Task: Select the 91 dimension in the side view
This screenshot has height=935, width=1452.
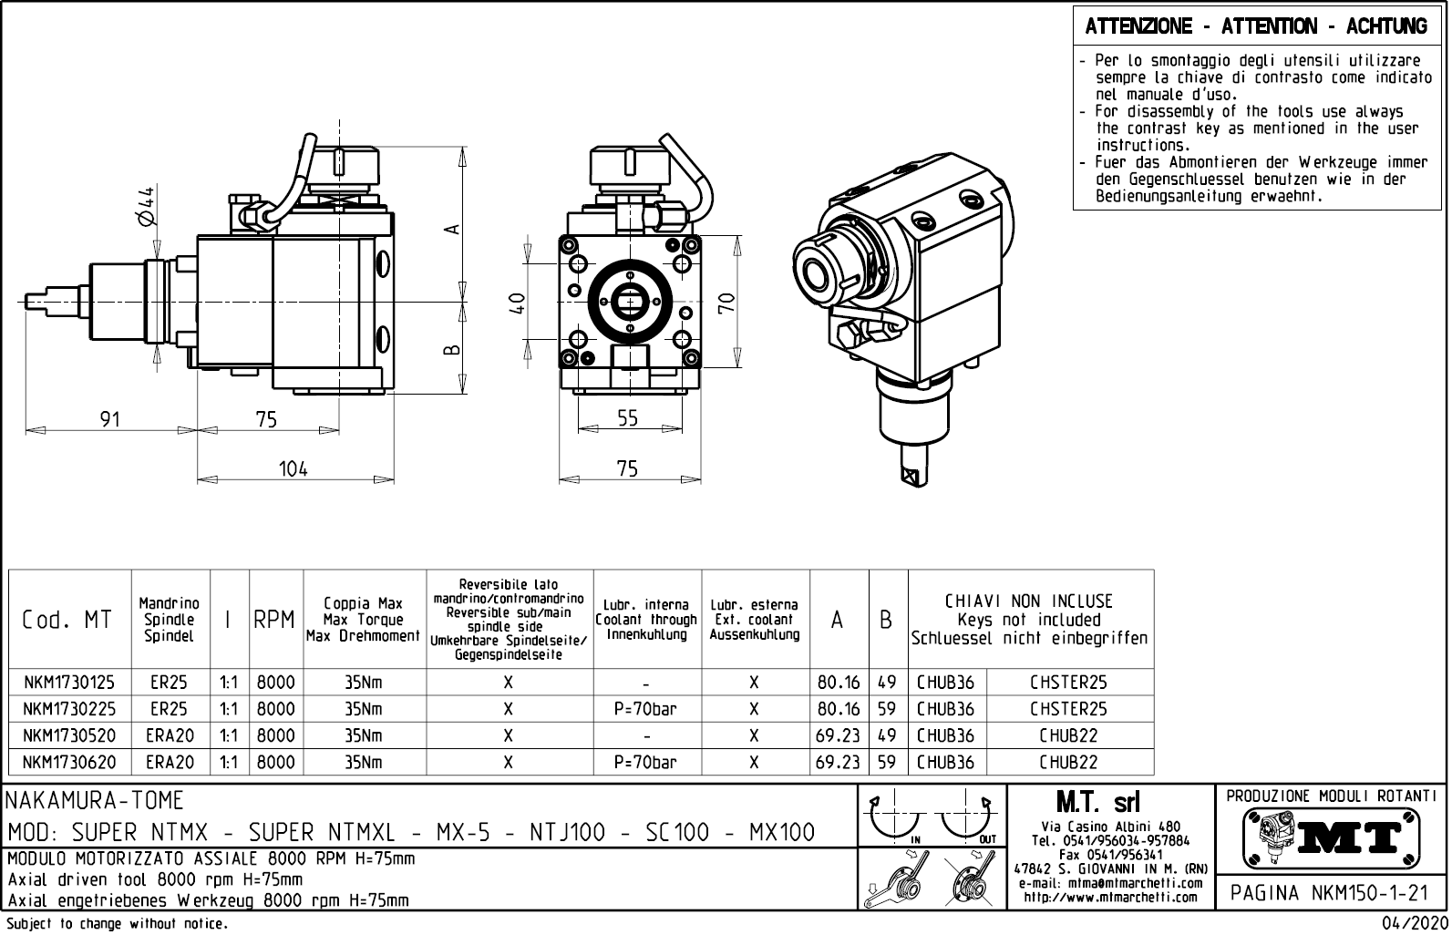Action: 110,419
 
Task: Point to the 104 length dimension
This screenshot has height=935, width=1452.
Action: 293,468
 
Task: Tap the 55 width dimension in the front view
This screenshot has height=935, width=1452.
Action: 628,418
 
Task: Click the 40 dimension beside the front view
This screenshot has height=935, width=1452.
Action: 517,303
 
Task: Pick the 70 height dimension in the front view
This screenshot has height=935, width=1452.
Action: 726,303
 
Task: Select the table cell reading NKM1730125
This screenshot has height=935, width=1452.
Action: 69,683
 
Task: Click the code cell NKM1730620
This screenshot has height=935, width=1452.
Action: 69,763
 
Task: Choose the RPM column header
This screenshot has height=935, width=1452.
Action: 274,620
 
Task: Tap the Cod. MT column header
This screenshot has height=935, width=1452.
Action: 67,620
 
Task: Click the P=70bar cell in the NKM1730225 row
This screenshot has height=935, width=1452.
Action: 645,709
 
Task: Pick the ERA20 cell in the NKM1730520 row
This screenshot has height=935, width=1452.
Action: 170,735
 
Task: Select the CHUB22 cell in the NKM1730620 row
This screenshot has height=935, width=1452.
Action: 1068,763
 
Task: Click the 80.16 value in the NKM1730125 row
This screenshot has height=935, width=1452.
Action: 839,683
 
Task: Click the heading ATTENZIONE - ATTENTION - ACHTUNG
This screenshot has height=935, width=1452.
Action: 1256,26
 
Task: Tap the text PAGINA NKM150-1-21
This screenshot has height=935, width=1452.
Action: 1330,892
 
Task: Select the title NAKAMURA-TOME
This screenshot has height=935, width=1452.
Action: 95,801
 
